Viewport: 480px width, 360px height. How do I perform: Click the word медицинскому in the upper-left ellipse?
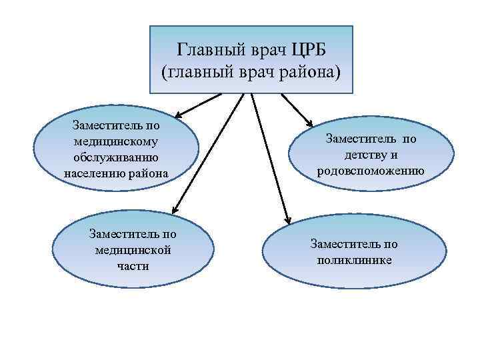click(117, 141)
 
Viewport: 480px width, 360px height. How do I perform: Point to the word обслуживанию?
click(117, 157)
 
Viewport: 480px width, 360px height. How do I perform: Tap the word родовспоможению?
click(371, 170)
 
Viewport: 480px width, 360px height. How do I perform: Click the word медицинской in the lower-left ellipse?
click(133, 250)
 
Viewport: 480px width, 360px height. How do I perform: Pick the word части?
click(133, 266)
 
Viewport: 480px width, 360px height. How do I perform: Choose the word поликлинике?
click(355, 259)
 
